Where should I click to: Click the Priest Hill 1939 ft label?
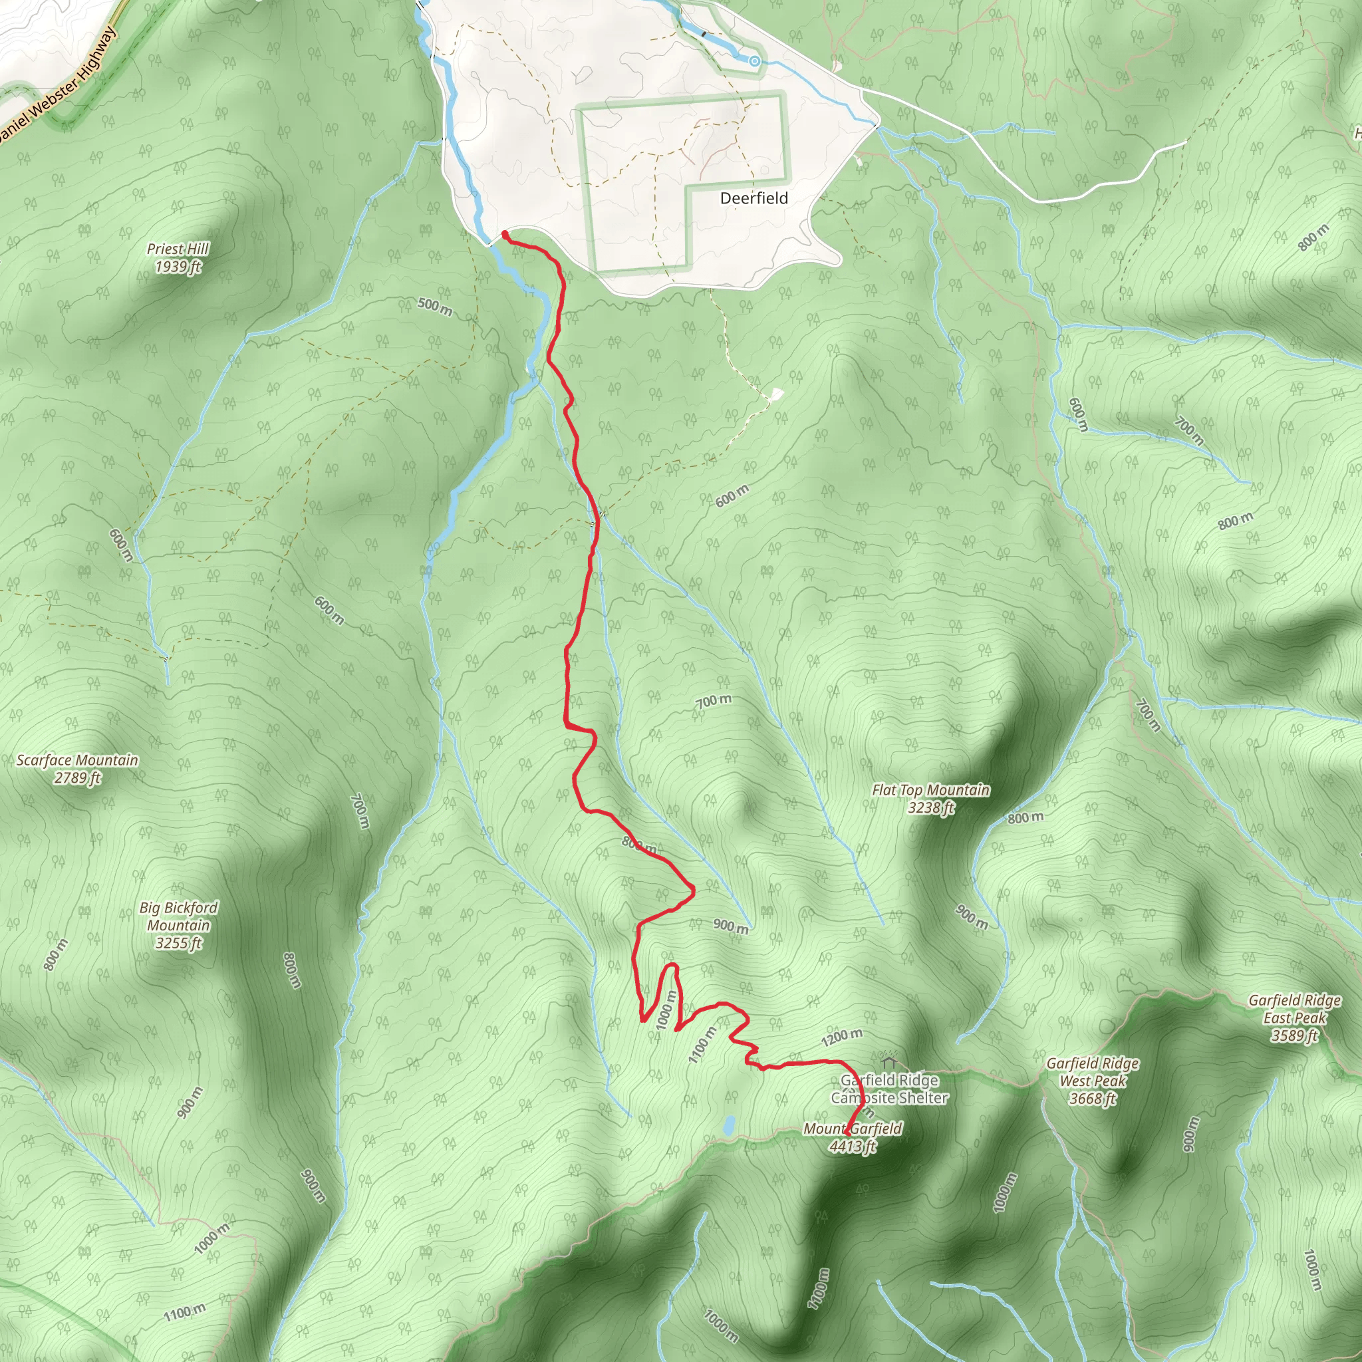[178, 257]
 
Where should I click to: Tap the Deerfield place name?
[753, 198]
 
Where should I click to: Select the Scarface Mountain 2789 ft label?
[78, 768]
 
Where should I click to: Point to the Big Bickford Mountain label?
[178, 925]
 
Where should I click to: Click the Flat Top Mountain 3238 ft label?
[930, 799]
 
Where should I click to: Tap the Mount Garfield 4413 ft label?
[853, 1138]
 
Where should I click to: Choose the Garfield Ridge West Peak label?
[1092, 1081]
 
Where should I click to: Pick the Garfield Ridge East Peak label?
[1294, 1018]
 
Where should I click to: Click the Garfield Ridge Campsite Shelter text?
[889, 1089]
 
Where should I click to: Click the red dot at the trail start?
[505, 233]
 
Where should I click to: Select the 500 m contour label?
[434, 307]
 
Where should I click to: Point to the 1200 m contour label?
[842, 1037]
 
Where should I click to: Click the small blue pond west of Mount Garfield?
[729, 1125]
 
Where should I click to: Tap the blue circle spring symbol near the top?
[754, 61]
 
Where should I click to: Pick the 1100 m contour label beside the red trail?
[702, 1045]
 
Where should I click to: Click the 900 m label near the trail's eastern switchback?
[730, 926]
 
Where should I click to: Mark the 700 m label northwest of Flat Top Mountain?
[714, 701]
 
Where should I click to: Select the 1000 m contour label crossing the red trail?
[666, 1010]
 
